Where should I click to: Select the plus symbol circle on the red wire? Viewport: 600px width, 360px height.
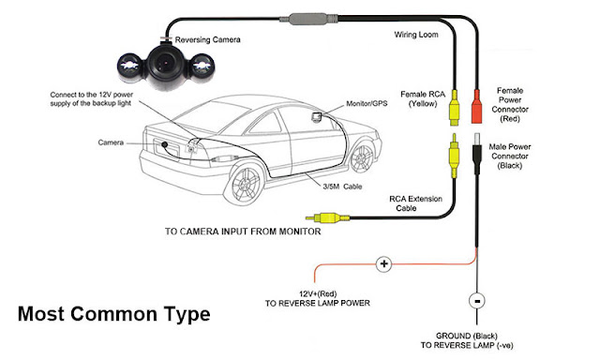click(x=383, y=264)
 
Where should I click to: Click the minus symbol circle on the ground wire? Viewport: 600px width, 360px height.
click(x=476, y=303)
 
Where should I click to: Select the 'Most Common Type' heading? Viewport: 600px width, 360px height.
click(x=113, y=314)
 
